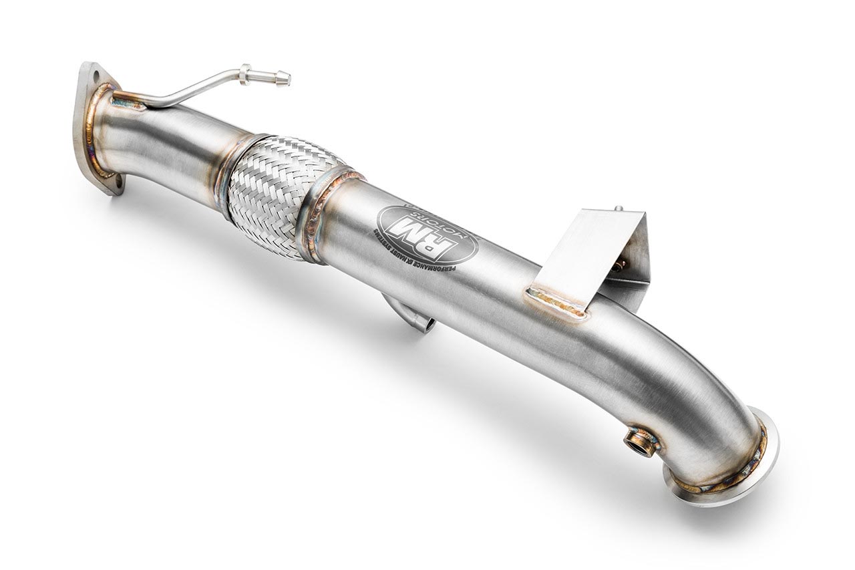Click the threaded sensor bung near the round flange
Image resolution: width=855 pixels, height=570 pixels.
640,442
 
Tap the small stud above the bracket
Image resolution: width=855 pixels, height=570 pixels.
619,208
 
